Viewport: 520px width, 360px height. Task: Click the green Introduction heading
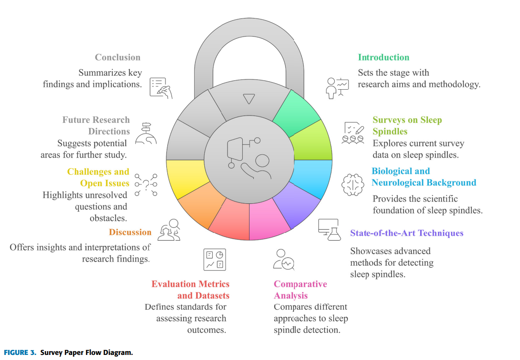[383, 57]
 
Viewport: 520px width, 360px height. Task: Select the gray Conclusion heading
[117, 57]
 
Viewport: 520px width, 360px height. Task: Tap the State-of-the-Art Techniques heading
[406, 233]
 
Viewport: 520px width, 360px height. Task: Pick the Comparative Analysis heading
[300, 290]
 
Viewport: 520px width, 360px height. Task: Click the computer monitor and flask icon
[328, 229]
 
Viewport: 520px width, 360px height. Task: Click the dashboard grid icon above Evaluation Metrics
[215, 260]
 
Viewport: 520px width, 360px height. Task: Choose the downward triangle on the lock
[249, 98]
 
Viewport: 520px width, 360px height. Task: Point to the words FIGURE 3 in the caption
[20, 353]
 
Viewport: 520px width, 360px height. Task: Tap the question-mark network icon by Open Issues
[146, 184]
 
